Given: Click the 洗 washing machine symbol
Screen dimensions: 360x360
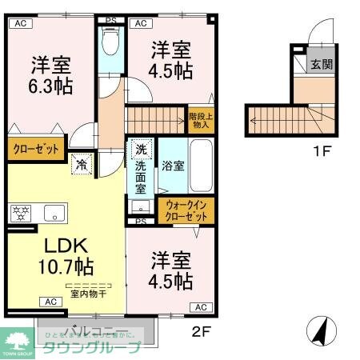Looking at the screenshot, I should [x=140, y=150].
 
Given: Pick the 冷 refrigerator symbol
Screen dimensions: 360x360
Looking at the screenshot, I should [x=82, y=165].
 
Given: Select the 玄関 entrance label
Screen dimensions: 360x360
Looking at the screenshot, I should [x=322, y=65].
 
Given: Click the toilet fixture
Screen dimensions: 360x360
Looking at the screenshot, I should [x=110, y=40].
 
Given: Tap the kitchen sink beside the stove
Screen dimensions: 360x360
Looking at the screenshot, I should [x=55, y=213].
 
